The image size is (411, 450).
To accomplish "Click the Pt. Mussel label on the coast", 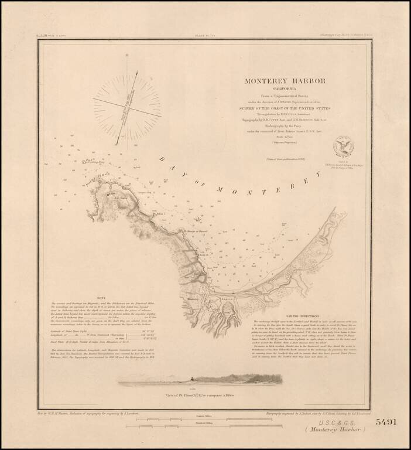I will coord(193,230).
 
